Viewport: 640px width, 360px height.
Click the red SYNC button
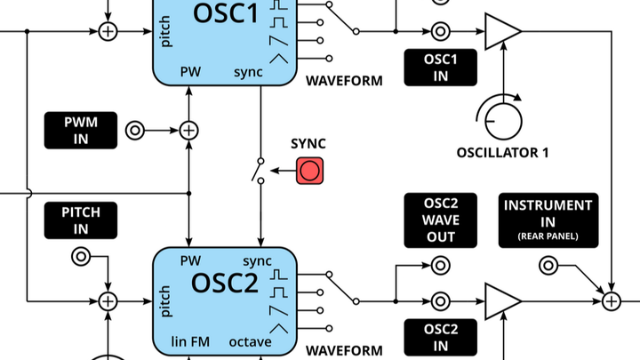point(310,170)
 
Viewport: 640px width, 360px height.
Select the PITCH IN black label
point(81,220)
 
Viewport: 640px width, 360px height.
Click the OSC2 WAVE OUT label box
point(441,220)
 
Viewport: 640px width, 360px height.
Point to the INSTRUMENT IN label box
point(548,220)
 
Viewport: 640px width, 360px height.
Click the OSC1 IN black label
point(441,67)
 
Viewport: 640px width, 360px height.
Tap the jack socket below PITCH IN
point(81,258)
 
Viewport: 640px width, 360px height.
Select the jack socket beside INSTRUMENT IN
point(548,265)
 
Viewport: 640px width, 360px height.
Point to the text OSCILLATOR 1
point(502,153)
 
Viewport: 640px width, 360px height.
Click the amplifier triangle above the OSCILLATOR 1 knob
point(501,32)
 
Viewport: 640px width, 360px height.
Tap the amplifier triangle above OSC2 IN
point(501,300)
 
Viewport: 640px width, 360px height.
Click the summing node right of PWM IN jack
point(188,131)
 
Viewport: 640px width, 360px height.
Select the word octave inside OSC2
point(256,341)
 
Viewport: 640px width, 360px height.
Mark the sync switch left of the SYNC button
point(260,170)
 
